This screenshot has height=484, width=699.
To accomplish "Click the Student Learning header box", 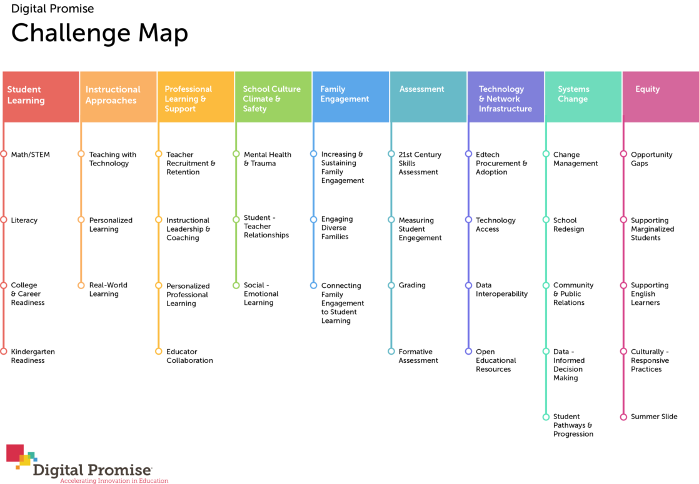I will (41, 96).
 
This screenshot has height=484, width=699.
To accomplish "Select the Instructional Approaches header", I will (118, 96).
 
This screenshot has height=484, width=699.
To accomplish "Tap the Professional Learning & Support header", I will (196, 96).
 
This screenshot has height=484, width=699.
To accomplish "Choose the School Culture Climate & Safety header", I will (273, 96).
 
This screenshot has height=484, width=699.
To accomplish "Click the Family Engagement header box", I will (351, 96).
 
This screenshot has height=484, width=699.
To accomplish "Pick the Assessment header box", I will (428, 96).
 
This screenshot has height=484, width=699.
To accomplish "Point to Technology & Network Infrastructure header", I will (506, 96).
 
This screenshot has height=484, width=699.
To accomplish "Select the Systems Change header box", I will (583, 96).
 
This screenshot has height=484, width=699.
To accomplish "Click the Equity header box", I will (660, 96).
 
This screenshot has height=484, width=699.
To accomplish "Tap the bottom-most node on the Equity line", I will (623, 417).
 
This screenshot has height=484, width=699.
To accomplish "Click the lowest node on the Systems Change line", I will (546, 417).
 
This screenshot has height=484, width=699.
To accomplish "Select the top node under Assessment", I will (391, 154).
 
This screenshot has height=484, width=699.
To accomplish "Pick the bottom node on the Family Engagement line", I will (314, 285).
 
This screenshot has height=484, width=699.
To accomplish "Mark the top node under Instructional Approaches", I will (81, 154).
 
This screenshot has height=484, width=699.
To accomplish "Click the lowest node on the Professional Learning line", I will (159, 351).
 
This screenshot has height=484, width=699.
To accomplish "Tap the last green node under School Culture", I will (236, 285).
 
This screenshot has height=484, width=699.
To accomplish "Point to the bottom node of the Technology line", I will (469, 351).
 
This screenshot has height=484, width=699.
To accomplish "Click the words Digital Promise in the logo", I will (93, 470).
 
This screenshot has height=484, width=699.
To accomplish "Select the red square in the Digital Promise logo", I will (14, 452).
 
